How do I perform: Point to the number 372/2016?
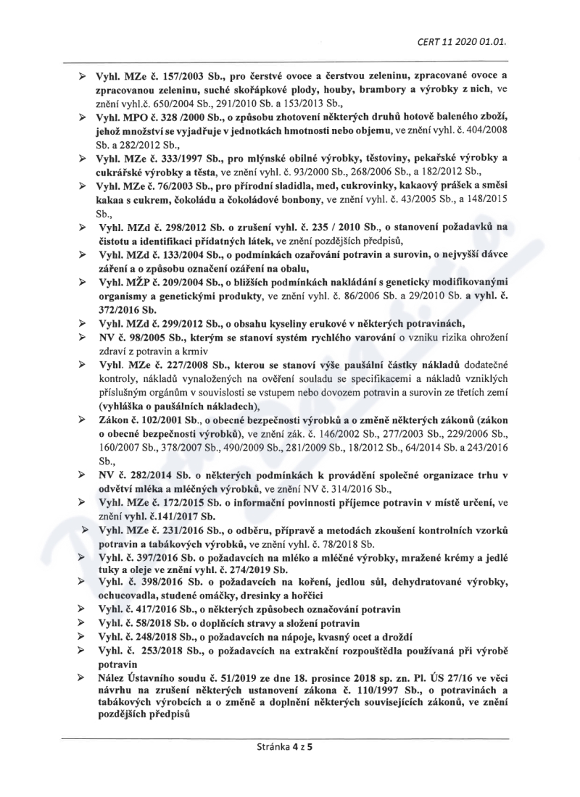click(x=115, y=309)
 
